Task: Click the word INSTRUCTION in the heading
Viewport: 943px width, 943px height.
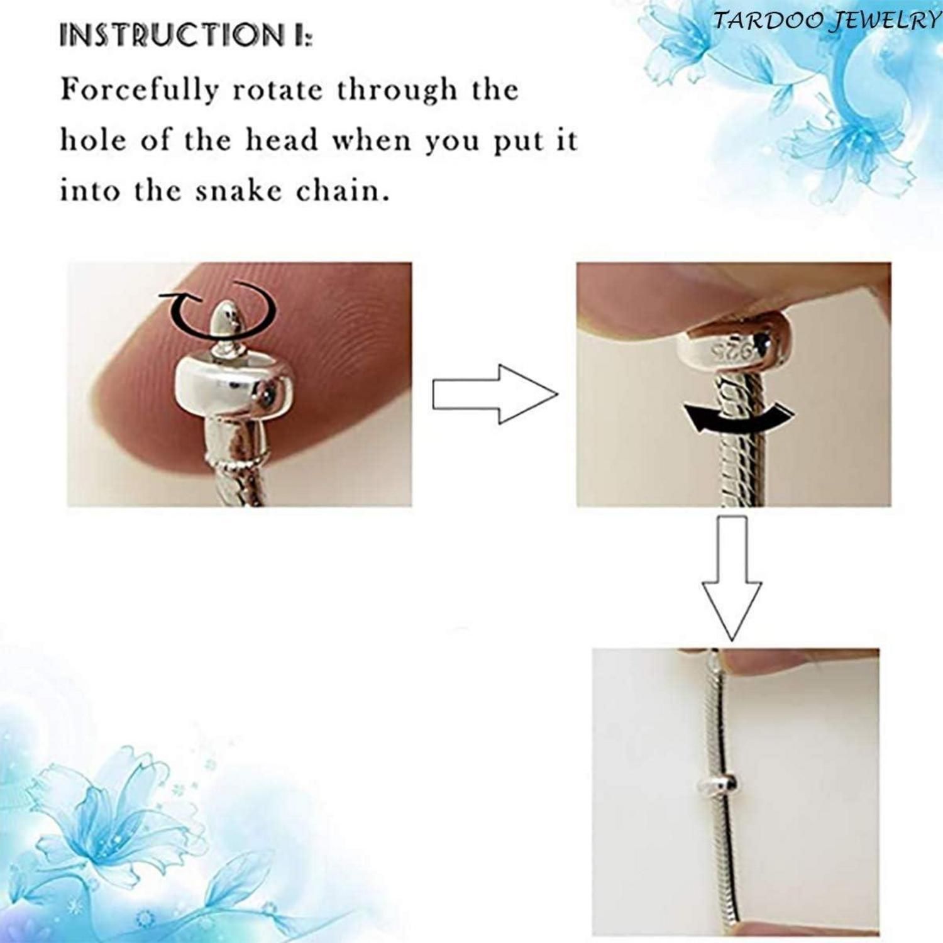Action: (x=172, y=35)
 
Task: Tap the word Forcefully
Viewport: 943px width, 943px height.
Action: (x=139, y=91)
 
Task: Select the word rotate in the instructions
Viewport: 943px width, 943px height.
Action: (x=277, y=91)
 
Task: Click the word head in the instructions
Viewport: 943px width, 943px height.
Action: (x=282, y=140)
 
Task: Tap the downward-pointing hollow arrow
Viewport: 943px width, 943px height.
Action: (x=732, y=578)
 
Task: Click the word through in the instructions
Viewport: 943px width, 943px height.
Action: (x=397, y=91)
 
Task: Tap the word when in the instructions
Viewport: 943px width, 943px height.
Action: (x=371, y=140)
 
